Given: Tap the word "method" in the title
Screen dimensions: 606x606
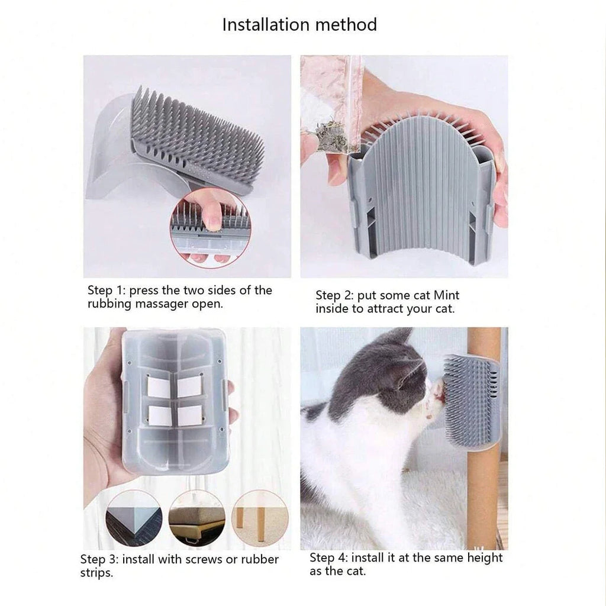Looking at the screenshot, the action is pyautogui.click(x=346, y=24).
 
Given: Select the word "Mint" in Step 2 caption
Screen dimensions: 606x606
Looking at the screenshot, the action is pyautogui.click(x=446, y=295).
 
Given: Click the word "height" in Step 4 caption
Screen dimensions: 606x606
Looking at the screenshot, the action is pyautogui.click(x=485, y=557).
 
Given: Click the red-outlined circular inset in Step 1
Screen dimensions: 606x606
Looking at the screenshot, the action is pyautogui.click(x=211, y=228).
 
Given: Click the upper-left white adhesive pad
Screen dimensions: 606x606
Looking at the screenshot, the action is pyautogui.click(x=159, y=387).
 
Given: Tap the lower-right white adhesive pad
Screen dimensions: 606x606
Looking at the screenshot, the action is pyautogui.click(x=189, y=416).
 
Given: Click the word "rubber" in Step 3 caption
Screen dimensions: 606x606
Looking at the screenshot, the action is pyautogui.click(x=259, y=559).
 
